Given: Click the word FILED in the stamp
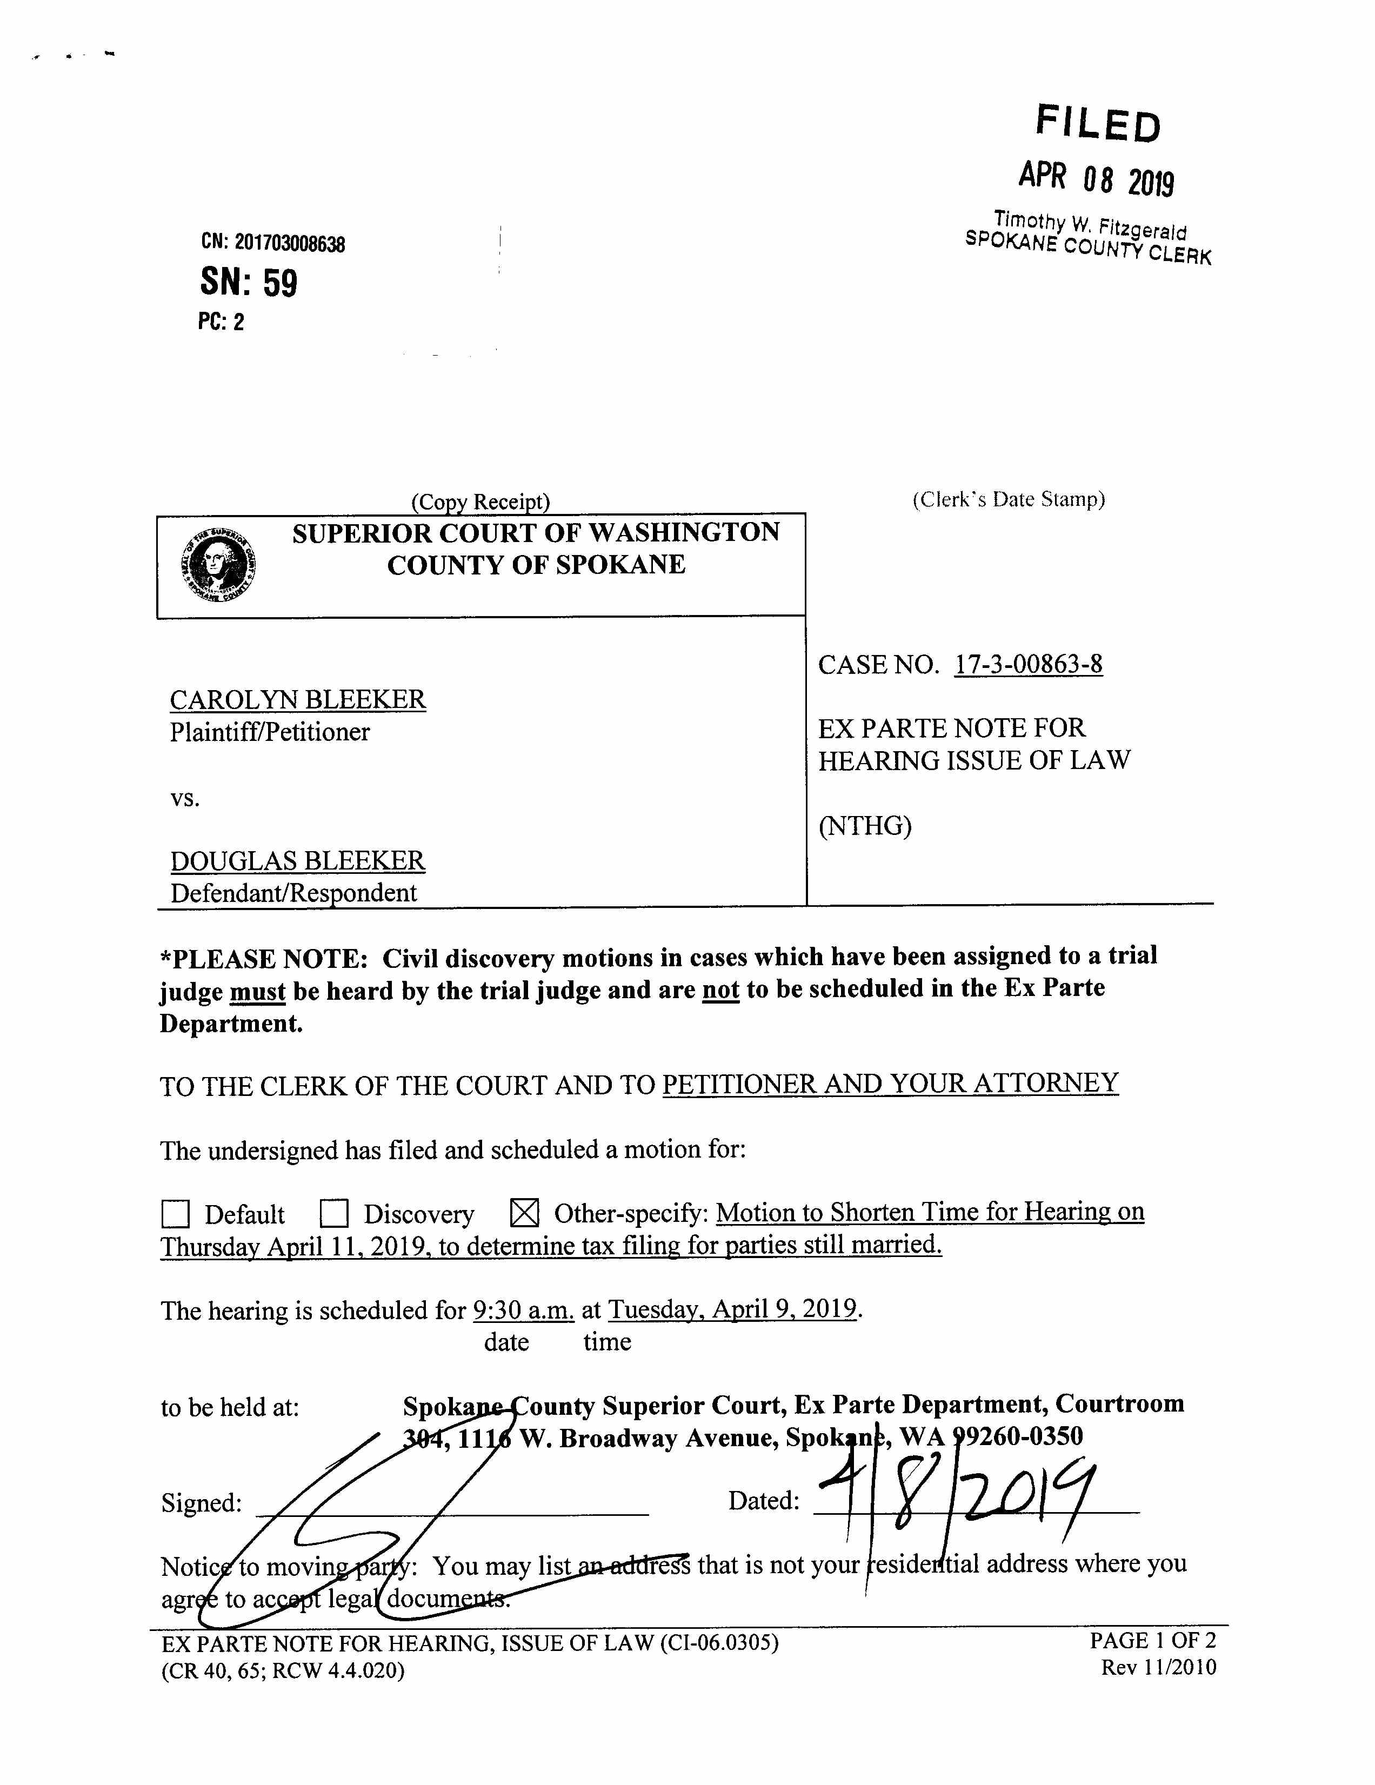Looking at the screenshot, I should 1098,124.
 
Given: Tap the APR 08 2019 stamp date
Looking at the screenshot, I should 1096,178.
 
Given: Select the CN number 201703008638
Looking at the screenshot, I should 289,244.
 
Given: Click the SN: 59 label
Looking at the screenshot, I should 249,283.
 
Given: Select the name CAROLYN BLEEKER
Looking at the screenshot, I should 298,700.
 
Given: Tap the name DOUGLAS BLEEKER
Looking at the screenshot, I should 298,861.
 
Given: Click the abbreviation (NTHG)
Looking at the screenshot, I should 865,826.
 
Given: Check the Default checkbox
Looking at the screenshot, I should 176,1214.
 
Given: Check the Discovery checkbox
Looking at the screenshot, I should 335,1214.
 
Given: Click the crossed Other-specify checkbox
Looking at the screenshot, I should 524,1213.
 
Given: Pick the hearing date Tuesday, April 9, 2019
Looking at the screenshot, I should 732,1309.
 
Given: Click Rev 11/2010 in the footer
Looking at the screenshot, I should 1158,1667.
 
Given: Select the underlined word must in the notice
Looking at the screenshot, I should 257,991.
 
